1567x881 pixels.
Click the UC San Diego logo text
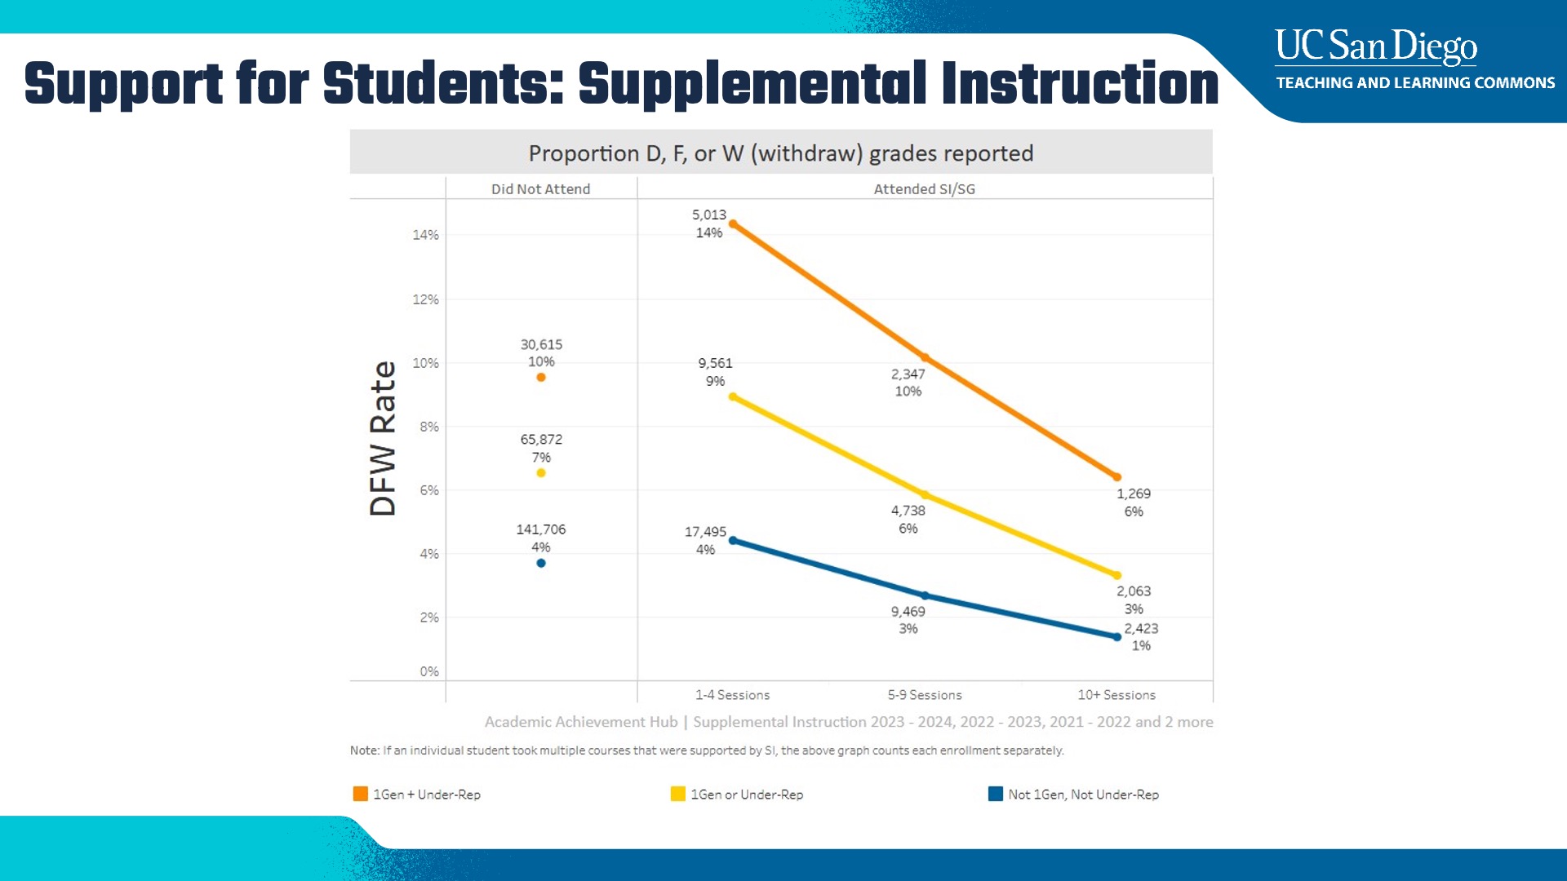coord(1376,46)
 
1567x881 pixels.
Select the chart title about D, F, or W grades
coord(780,153)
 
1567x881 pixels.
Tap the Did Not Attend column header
coord(540,189)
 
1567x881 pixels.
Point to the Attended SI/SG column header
coord(924,189)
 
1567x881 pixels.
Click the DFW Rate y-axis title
coord(383,438)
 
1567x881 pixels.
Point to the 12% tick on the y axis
coord(425,299)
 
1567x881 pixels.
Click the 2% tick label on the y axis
coord(429,618)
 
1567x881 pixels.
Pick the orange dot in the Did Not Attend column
coord(540,378)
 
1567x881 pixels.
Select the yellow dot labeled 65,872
coord(540,473)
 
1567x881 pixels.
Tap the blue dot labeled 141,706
coord(540,563)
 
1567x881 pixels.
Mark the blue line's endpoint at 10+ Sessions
coord(1116,637)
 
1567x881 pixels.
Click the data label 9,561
coord(715,363)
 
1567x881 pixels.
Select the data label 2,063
coord(1134,591)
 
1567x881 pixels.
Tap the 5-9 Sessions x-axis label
coord(925,695)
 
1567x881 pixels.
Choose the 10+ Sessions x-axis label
coord(1116,695)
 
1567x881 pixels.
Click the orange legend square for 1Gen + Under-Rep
coord(360,794)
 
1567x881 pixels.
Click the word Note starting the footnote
coord(364,750)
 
